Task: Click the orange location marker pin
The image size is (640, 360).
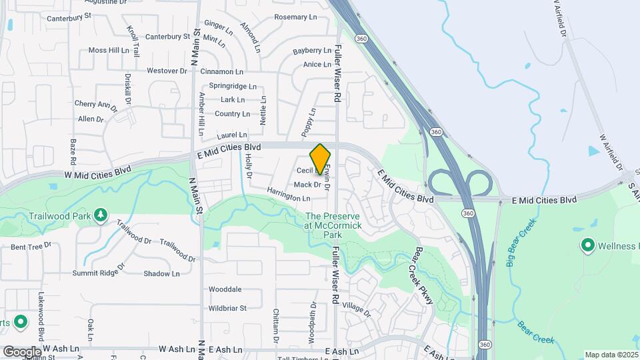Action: coord(321,158)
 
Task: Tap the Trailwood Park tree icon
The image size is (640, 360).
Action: coord(100,215)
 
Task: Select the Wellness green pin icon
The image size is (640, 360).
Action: coord(588,246)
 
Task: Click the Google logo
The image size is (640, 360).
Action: coord(22,352)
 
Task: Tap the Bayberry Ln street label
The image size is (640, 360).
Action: coord(312,51)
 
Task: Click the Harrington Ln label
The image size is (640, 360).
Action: coord(289,198)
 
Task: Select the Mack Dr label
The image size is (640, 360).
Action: coord(307,185)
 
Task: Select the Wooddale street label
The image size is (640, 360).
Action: coord(225,289)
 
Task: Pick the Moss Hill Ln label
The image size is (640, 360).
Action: coord(109,50)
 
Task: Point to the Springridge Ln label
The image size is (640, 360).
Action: coord(233,86)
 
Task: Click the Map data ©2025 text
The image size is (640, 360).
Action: coord(611,355)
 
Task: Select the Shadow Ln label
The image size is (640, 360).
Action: coord(161,273)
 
